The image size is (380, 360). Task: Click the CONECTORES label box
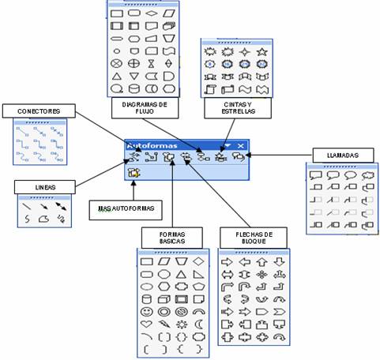39,111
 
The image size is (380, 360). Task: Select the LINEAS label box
45,187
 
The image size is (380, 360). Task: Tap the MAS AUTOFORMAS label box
126,210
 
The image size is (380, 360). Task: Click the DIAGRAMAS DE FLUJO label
145,108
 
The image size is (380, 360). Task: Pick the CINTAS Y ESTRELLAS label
238,108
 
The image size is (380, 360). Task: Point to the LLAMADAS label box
343,156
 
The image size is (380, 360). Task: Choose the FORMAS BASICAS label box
172,238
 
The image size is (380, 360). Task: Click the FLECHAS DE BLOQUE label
254,238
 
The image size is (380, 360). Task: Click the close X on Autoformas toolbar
240,145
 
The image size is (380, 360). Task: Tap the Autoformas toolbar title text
152,145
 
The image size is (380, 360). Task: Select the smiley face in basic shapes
147,312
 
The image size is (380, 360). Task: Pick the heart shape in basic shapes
147,324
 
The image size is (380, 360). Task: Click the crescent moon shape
199,324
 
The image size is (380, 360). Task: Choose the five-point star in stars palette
262,51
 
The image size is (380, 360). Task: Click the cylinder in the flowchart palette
134,88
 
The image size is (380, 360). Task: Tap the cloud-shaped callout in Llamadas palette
367,175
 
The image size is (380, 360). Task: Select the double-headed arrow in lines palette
61,207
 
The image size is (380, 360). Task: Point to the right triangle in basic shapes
198,275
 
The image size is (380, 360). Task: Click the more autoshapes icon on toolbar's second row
134,173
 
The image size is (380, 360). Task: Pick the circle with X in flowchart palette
116,63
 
